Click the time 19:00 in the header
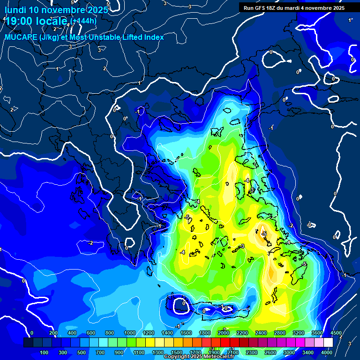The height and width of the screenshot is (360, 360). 18,21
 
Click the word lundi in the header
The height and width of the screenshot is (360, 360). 15,10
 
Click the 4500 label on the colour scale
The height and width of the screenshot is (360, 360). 336,333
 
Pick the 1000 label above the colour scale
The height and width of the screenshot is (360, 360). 129,333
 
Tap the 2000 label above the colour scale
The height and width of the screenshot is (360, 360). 223,333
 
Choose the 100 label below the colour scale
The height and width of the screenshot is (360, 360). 45,352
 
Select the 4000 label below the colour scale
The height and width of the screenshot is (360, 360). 327,352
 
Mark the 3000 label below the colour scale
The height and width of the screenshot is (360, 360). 289,352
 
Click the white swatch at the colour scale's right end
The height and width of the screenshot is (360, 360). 328,343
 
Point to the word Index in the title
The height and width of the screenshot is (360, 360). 153,37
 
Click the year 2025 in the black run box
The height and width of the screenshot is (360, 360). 337,8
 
